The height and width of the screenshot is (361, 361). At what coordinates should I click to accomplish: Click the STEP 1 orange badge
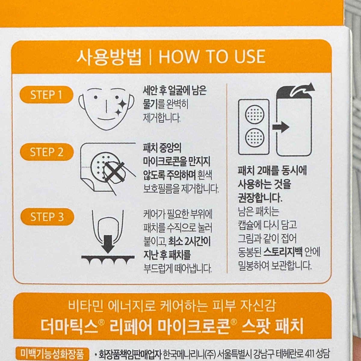coord(46,95)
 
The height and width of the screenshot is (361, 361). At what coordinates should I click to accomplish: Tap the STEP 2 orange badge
coord(47,152)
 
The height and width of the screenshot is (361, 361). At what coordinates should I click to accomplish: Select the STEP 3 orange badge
coord(47,217)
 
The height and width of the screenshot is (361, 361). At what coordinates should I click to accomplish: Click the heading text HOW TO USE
coord(212,56)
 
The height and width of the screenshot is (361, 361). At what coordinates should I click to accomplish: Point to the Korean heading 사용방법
coord(109,57)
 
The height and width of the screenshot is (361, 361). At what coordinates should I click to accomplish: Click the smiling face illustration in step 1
coord(106,109)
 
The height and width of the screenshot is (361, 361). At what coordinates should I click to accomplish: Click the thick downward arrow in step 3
coord(108,244)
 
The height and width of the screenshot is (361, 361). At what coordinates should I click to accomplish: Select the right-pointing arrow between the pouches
coord(281,127)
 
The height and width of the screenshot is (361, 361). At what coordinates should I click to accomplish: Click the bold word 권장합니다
coord(260,198)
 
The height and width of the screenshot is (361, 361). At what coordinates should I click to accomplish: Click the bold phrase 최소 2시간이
coord(190,242)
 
